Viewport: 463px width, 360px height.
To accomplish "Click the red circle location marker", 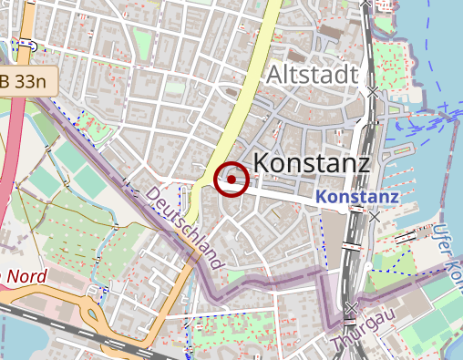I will [231, 180].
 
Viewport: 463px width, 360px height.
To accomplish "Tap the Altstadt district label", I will [311, 75].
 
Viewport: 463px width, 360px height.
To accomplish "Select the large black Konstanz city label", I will [310, 164].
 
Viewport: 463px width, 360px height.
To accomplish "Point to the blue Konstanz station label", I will [357, 197].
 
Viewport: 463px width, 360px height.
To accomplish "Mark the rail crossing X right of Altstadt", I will [373, 92].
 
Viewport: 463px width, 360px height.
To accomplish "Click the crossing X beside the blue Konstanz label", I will [375, 217].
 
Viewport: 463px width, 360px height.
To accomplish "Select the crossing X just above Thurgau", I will [352, 307].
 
